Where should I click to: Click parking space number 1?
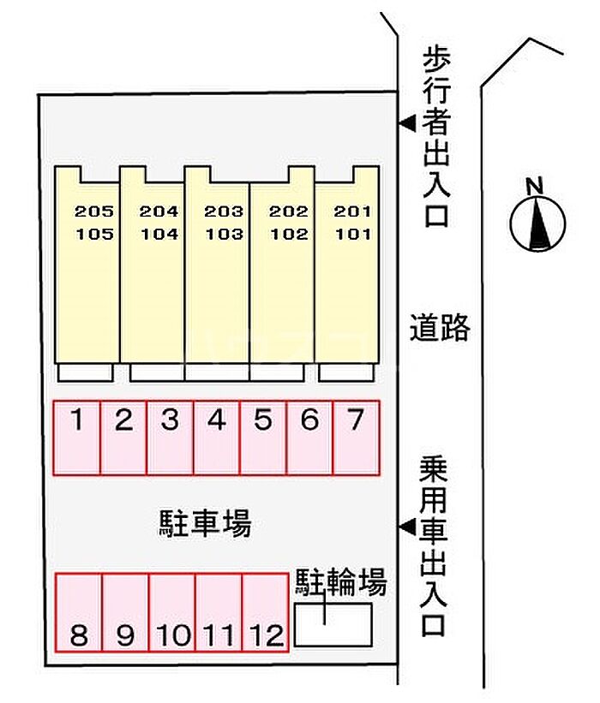click(77, 438)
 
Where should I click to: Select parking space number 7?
click(357, 438)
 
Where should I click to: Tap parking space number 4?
click(217, 438)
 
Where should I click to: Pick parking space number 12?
click(265, 612)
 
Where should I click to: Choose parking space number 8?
click(79, 612)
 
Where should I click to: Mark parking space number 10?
click(172, 612)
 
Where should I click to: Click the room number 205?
click(94, 211)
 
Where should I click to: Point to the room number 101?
click(353, 234)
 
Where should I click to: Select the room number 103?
click(224, 234)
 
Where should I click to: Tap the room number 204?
click(159, 211)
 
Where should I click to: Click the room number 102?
click(289, 234)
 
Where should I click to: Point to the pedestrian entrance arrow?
click(407, 123)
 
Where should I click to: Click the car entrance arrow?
click(407, 527)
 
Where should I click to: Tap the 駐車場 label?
click(205, 523)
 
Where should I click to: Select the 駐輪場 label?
click(340, 582)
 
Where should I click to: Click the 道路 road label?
click(440, 327)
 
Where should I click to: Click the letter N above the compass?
click(534, 186)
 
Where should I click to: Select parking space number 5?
click(263, 438)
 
